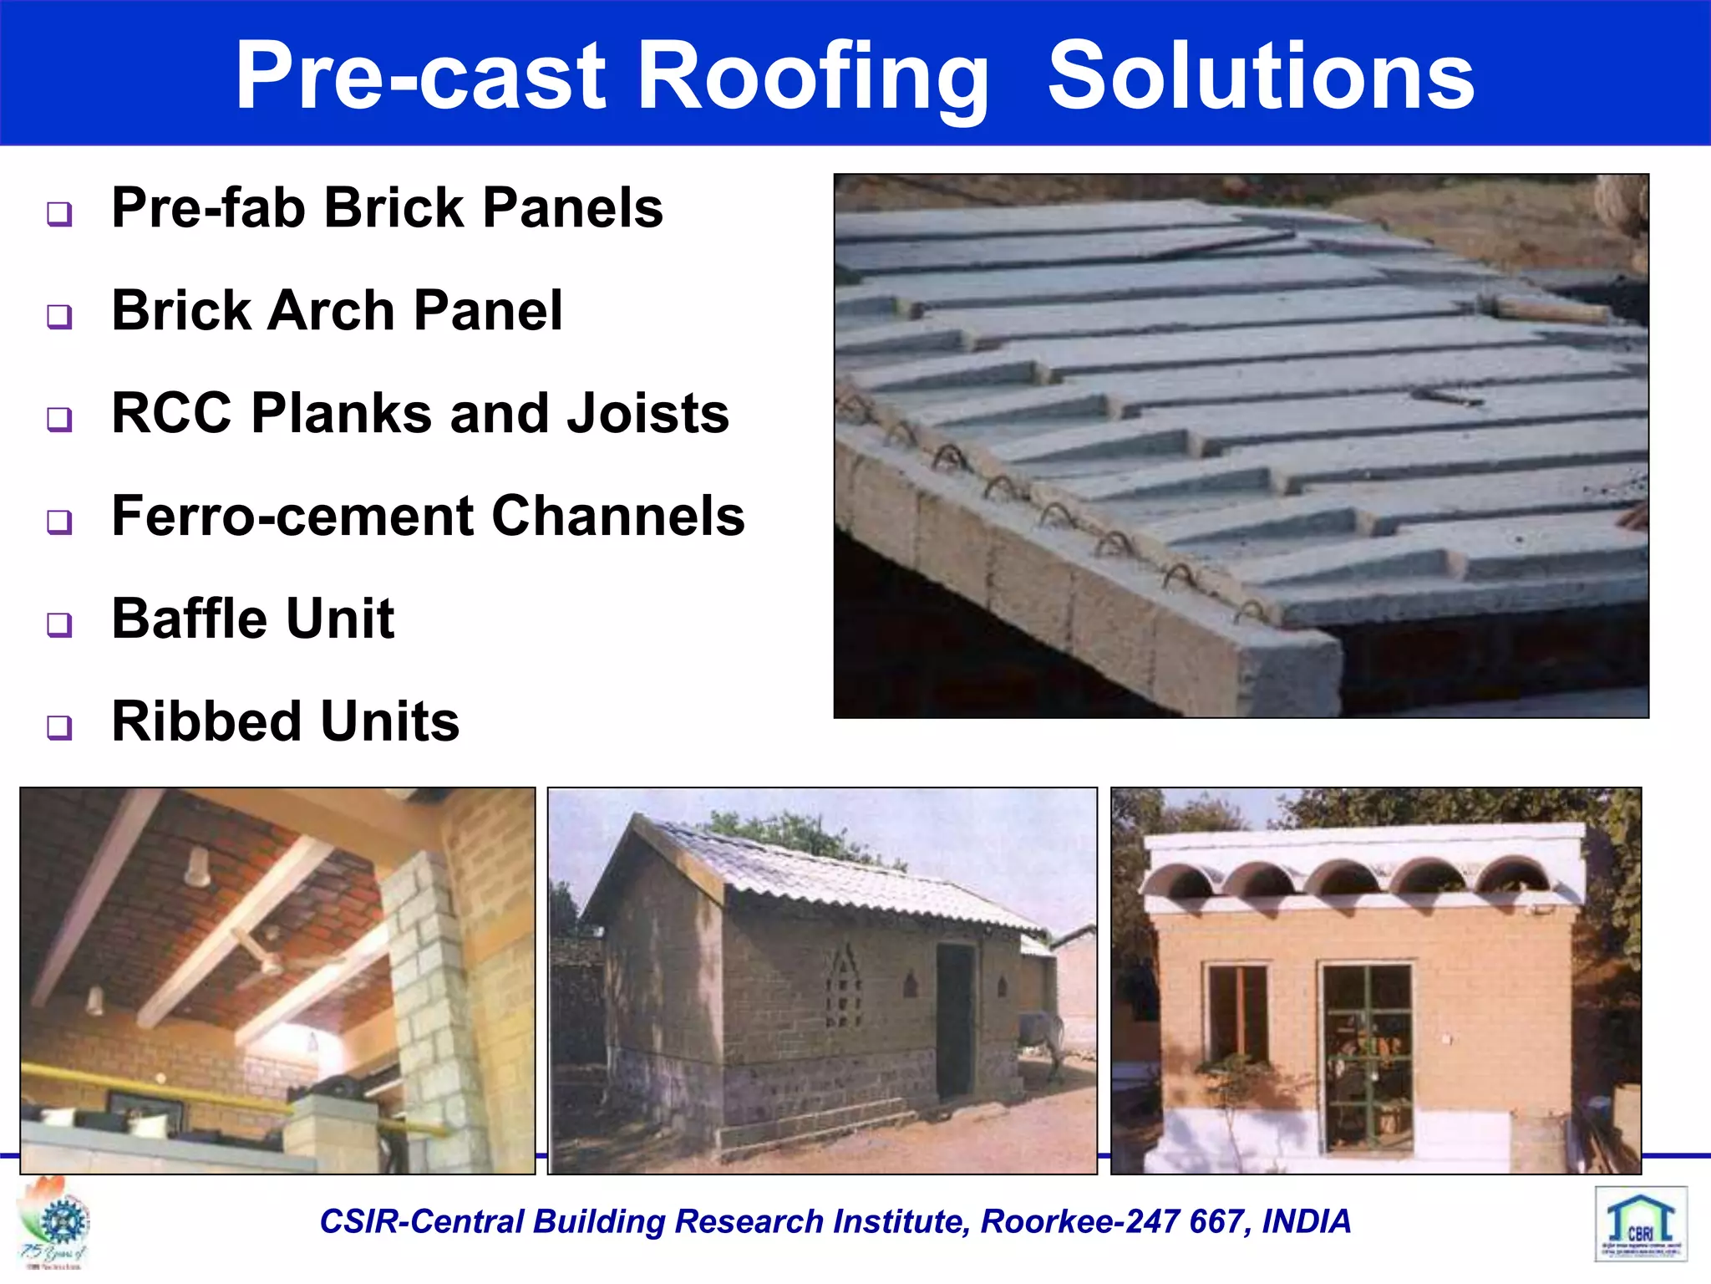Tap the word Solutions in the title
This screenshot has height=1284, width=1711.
coord(1261,76)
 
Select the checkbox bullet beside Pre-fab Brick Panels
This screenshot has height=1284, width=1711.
coord(59,214)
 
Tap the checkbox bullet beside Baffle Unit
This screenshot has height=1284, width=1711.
coord(59,624)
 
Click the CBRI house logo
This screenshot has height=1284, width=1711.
coord(1641,1223)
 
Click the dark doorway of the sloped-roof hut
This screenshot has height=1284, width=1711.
coord(955,1020)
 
